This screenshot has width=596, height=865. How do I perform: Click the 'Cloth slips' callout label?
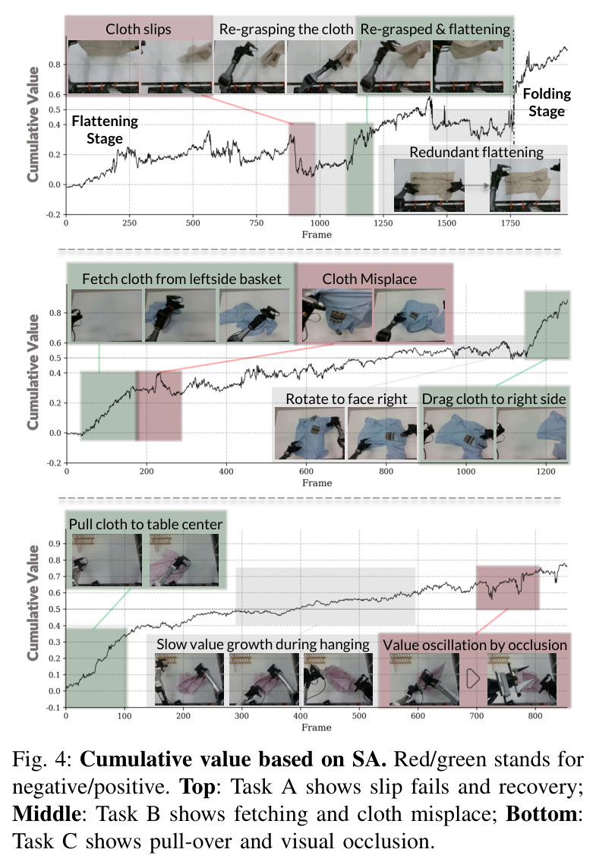pos(138,29)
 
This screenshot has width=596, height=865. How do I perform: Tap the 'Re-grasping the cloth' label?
pos(286,29)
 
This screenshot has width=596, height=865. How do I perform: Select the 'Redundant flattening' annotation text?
pos(476,152)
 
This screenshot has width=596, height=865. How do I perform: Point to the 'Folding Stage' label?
pos(547,102)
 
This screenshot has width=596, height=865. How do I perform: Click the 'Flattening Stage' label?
pos(105,130)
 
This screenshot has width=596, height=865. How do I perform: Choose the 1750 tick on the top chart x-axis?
pos(510,223)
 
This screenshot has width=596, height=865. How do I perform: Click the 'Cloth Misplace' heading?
pos(370,279)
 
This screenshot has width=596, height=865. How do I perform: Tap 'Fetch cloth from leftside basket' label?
pos(182,279)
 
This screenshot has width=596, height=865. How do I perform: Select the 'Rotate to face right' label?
pos(346,399)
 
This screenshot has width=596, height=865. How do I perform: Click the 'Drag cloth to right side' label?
pos(494,399)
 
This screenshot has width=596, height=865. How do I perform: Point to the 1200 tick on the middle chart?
pos(546,472)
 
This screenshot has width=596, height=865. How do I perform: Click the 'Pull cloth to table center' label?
pos(146,524)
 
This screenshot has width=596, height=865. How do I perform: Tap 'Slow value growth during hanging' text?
pos(263,644)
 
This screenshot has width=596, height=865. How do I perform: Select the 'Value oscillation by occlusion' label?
pos(475,645)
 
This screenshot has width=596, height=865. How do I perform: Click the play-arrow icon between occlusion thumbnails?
pos(472,678)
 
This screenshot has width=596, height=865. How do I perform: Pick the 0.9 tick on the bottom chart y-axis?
pos(54,544)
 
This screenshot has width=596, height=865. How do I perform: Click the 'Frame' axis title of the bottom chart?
pos(317,728)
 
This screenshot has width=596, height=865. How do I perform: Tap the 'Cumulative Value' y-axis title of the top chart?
pos(33,124)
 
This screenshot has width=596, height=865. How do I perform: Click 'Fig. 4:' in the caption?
pos(43,759)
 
